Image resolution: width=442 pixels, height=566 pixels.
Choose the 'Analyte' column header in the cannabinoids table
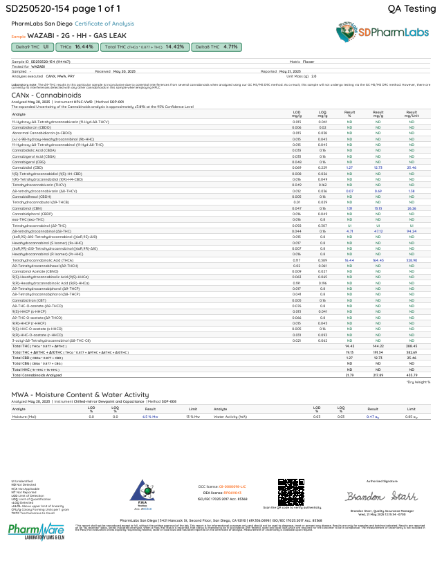point(19,115)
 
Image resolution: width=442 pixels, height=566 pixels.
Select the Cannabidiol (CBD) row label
point(28,167)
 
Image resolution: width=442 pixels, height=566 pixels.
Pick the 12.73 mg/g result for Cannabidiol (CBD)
point(378,167)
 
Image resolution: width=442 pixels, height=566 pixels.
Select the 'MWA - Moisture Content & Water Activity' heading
point(80,394)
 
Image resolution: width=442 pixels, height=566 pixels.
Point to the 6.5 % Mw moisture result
point(151,417)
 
